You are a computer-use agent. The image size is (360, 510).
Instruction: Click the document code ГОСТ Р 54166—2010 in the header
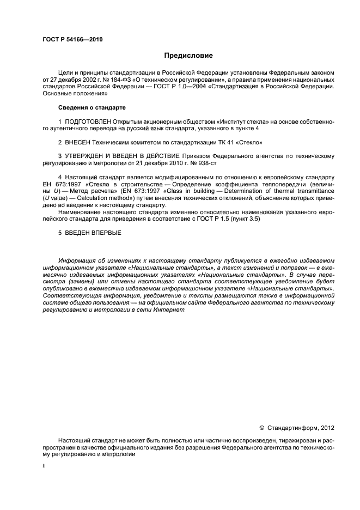(x=72, y=40)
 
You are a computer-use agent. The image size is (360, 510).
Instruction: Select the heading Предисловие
(x=187, y=56)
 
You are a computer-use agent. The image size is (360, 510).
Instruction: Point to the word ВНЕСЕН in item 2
(x=78, y=142)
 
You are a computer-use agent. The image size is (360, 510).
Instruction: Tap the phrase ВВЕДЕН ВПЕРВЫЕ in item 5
(x=93, y=233)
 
